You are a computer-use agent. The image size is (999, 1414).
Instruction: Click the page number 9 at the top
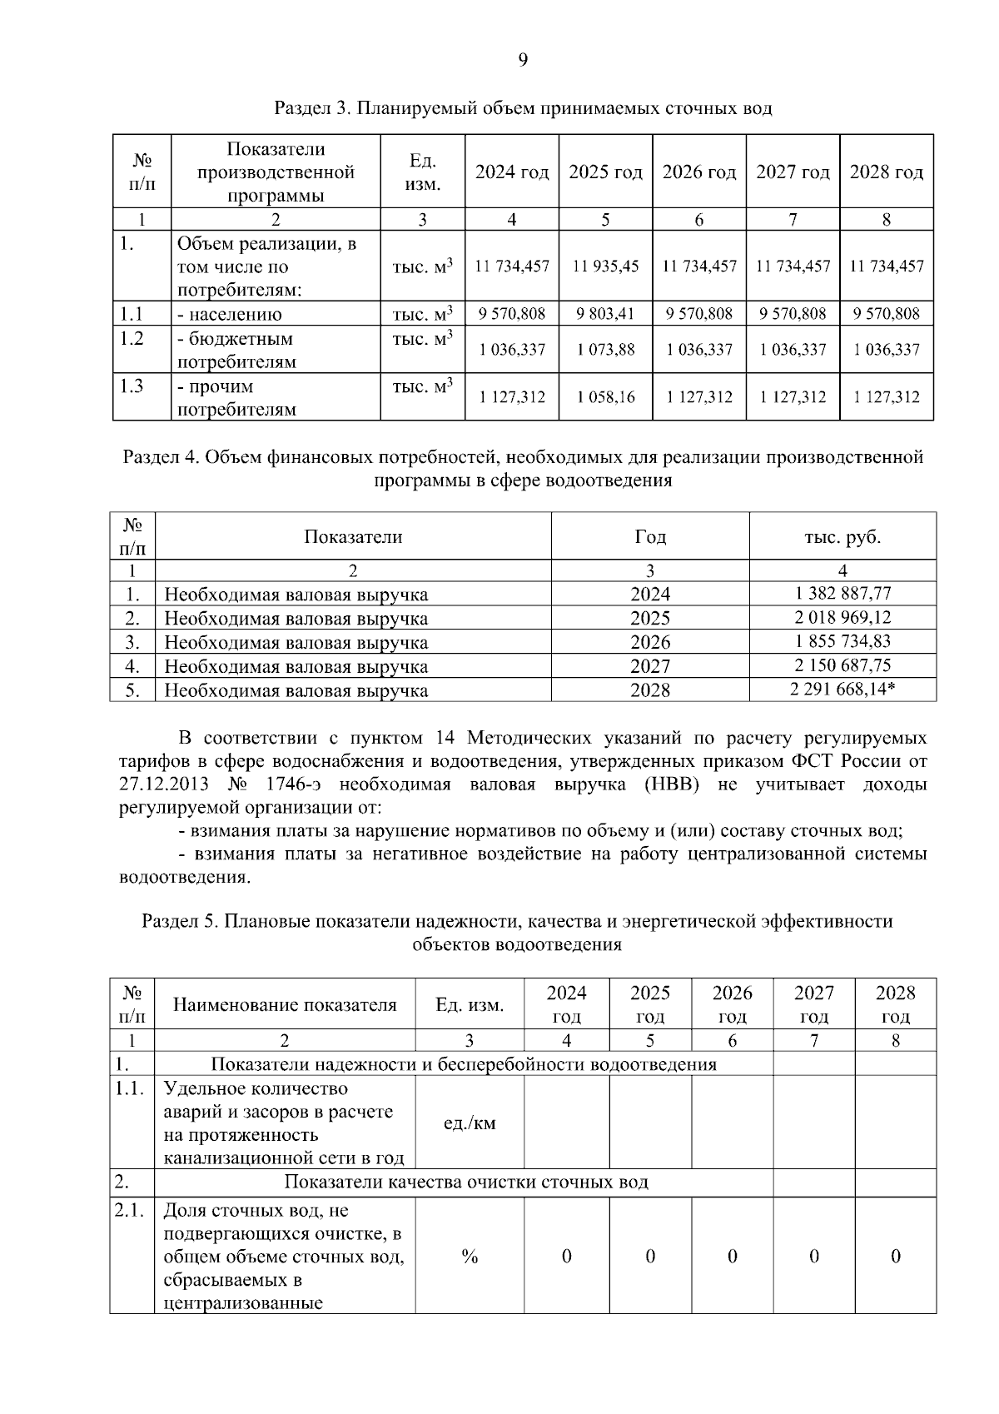(522, 60)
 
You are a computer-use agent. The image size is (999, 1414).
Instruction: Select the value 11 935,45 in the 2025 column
(605, 266)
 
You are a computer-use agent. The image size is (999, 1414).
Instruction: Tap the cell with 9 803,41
(605, 314)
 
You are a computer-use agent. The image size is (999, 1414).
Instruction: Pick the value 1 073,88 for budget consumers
(605, 350)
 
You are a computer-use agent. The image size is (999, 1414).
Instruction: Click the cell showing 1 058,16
(605, 397)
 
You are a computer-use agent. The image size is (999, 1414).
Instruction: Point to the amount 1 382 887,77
(842, 594)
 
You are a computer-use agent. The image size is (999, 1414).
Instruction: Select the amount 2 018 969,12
(842, 618)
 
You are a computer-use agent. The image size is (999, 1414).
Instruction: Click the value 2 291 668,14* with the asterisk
(842, 690)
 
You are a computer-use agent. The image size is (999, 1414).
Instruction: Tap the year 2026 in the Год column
(649, 642)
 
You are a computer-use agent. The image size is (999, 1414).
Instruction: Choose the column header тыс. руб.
(842, 537)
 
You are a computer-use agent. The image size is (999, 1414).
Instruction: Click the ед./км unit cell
(470, 1123)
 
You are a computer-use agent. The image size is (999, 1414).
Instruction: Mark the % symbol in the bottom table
(470, 1257)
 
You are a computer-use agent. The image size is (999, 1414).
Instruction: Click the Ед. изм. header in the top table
(422, 172)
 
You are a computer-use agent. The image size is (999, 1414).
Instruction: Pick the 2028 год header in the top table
(886, 172)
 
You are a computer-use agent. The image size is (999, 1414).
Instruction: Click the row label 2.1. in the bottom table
(129, 1211)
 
